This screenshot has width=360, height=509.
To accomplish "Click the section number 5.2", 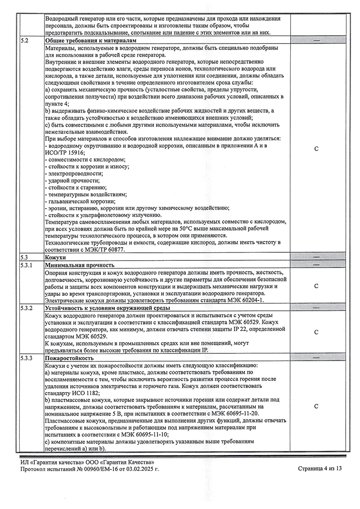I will point(25,40).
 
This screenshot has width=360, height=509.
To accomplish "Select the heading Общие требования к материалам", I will point(84,40).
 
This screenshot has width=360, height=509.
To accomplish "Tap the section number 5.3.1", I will point(27,265).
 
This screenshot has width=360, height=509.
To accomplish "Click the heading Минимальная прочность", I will point(80,265).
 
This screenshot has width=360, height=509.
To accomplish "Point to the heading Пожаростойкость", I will point(69,358).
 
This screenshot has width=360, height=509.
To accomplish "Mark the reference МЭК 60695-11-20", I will point(237,414).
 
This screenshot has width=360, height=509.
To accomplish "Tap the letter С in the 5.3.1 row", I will point(316,286).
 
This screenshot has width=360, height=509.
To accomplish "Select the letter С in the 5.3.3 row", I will point(316,406).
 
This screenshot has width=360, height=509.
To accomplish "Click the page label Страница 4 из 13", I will point(320,469).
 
